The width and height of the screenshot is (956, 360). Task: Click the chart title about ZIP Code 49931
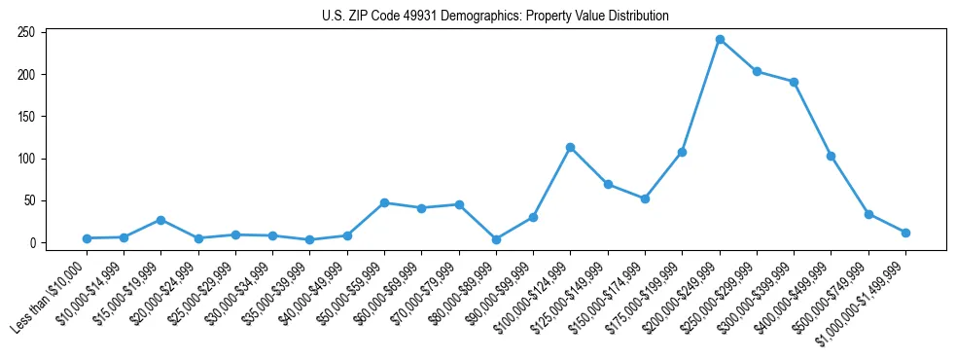click(x=495, y=16)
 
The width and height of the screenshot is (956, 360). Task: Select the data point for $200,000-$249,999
click(x=720, y=40)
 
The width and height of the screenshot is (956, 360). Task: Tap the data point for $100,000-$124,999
click(x=570, y=148)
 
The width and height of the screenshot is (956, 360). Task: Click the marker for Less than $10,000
click(x=87, y=238)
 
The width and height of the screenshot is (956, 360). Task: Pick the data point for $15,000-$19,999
click(x=160, y=220)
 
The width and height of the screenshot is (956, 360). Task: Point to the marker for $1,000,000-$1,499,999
click(x=905, y=233)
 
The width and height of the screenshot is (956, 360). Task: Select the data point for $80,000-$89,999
click(x=496, y=239)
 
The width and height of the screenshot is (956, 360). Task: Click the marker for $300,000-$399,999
click(x=794, y=83)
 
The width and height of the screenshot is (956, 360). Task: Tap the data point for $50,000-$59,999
click(x=384, y=202)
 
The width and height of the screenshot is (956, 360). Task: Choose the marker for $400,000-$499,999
click(x=831, y=156)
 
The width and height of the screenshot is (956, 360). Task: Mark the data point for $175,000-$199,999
click(x=682, y=152)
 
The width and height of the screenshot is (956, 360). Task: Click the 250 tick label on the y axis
click(x=26, y=33)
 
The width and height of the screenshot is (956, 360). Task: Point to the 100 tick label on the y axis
click(x=26, y=159)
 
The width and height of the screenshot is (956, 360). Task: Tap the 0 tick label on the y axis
click(x=33, y=243)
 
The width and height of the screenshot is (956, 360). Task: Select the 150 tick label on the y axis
click(x=26, y=117)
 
